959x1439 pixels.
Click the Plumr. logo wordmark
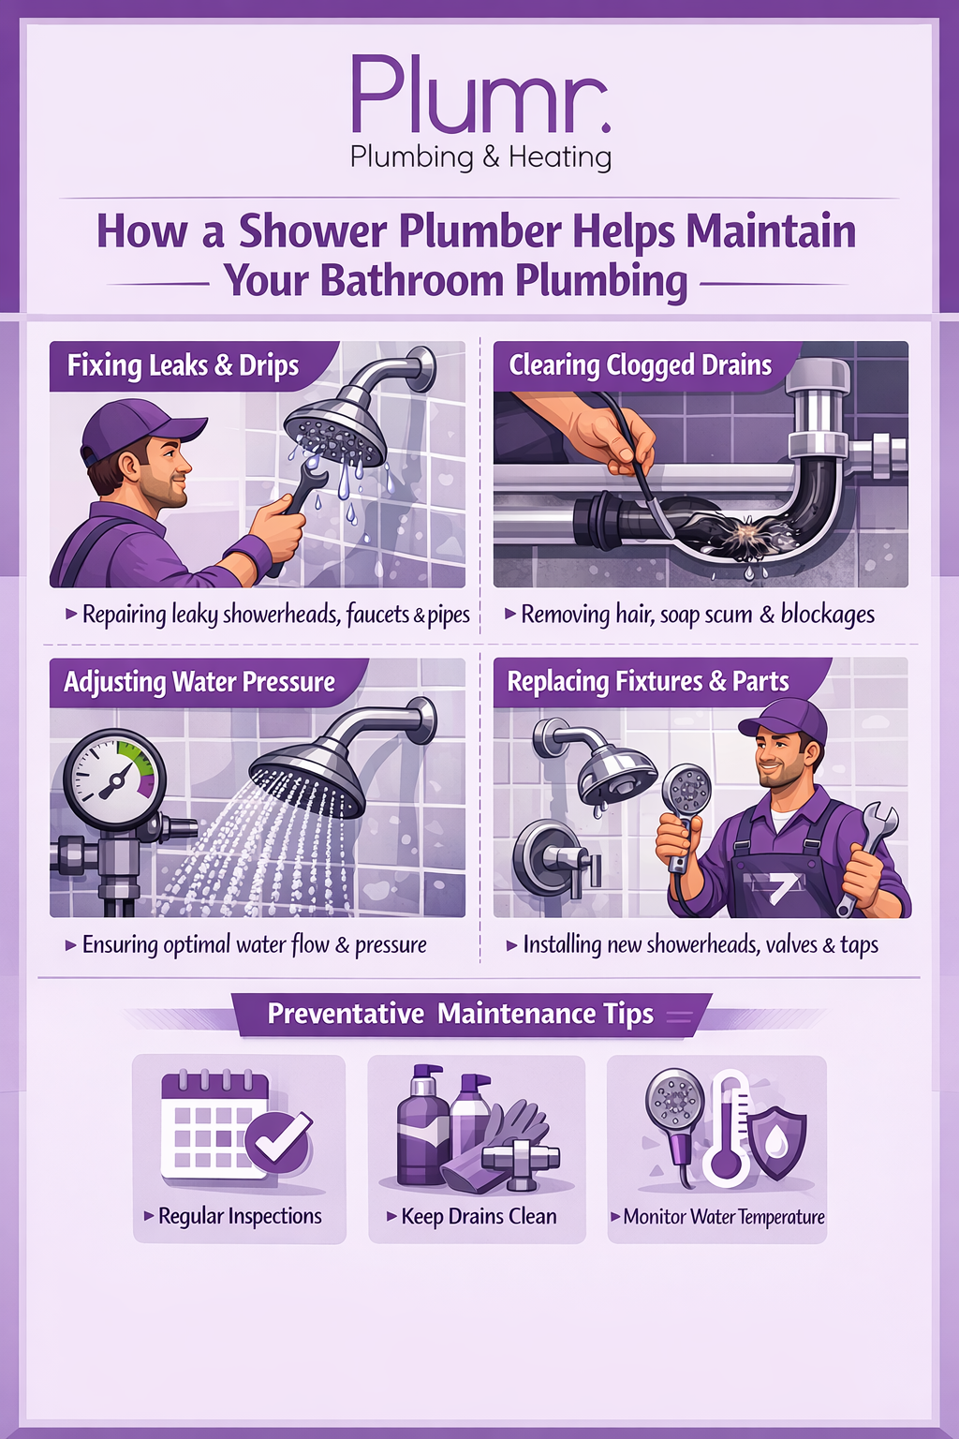click(x=480, y=95)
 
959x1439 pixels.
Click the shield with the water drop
click(x=777, y=1142)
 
